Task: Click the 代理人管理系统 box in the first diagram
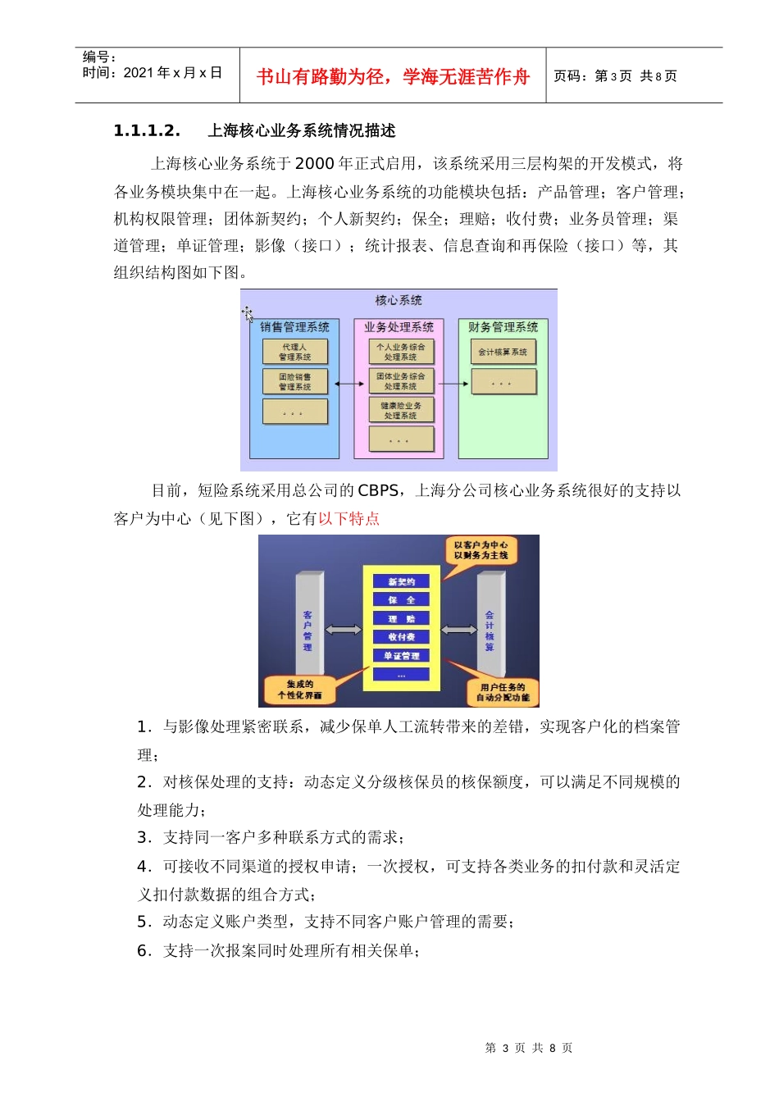pyautogui.click(x=294, y=352)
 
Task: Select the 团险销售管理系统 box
pyautogui.click(x=294, y=381)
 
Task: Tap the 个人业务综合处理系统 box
pyautogui.click(x=400, y=352)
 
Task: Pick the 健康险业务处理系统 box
pyautogui.click(x=400, y=410)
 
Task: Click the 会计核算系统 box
pyautogui.click(x=503, y=352)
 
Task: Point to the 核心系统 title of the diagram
pyautogui.click(x=399, y=301)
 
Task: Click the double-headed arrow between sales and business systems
pyautogui.click(x=349, y=383)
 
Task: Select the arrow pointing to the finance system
pyautogui.click(x=453, y=383)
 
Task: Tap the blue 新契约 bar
pyautogui.click(x=401, y=581)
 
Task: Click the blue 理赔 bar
pyautogui.click(x=401, y=618)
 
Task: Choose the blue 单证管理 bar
pyautogui.click(x=401, y=656)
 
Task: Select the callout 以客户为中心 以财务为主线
pyautogui.click(x=481, y=550)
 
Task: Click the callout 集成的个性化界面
pyautogui.click(x=299, y=690)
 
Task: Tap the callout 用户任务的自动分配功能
pyautogui.click(x=503, y=692)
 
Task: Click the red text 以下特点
pyautogui.click(x=348, y=518)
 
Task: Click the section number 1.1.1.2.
pyautogui.click(x=146, y=131)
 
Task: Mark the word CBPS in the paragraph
pyautogui.click(x=378, y=490)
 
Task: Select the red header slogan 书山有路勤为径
pyautogui.click(x=319, y=77)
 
